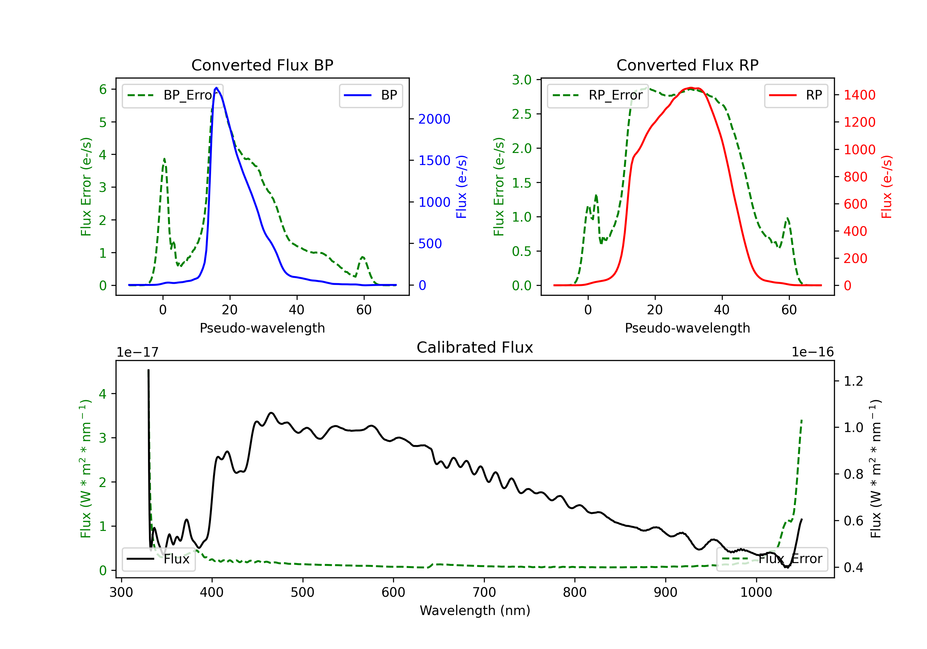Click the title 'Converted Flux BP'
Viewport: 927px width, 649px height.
point(262,65)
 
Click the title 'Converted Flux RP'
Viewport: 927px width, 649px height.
point(687,65)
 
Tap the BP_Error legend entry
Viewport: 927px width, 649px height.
point(173,95)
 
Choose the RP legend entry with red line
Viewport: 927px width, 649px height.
point(796,95)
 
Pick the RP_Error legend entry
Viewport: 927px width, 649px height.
point(598,95)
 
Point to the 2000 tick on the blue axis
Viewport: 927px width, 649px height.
point(434,119)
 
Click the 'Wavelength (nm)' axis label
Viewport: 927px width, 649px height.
point(475,611)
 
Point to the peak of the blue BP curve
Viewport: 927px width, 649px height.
point(216,88)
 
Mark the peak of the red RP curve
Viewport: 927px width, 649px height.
point(691,88)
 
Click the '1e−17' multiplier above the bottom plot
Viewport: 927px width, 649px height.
point(137,352)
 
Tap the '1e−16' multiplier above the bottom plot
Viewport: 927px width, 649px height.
point(812,352)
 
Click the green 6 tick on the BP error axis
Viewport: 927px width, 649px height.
point(103,89)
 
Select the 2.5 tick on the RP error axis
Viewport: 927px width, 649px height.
point(521,114)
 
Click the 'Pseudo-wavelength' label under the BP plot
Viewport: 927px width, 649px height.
point(262,328)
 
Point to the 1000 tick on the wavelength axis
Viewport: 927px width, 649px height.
point(756,592)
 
